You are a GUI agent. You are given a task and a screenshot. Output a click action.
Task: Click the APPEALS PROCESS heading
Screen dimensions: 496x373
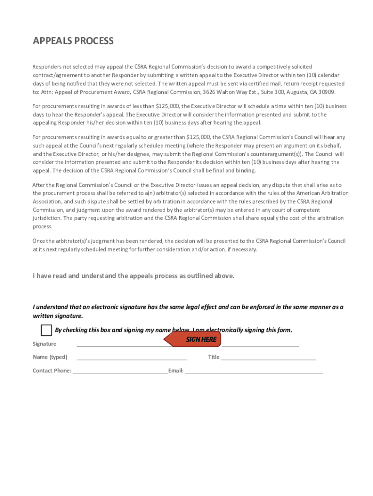(73, 41)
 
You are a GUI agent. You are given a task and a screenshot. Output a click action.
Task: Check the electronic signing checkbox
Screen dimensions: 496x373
(46, 330)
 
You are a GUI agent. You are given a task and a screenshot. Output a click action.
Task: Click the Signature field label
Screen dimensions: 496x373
(45, 344)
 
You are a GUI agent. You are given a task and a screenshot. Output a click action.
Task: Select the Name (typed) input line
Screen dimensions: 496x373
(132, 359)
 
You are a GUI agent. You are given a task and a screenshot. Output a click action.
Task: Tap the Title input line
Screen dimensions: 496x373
(268, 359)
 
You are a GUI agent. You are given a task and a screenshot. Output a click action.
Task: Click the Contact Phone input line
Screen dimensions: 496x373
(120, 372)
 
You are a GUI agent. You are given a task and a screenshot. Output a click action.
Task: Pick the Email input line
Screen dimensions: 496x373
(254, 372)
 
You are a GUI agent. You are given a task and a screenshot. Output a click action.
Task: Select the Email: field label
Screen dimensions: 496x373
(176, 371)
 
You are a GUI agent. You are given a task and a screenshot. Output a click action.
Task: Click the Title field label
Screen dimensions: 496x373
(214, 357)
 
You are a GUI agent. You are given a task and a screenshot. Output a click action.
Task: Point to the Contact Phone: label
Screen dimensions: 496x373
(52, 371)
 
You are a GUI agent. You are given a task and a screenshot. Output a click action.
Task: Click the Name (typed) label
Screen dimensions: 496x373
(50, 357)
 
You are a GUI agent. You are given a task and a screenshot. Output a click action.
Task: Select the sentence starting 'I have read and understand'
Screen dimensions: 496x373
(134, 276)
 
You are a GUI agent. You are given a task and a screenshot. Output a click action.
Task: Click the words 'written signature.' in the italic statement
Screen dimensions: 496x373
(58, 316)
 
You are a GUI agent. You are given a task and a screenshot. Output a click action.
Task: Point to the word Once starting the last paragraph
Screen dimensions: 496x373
(39, 241)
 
